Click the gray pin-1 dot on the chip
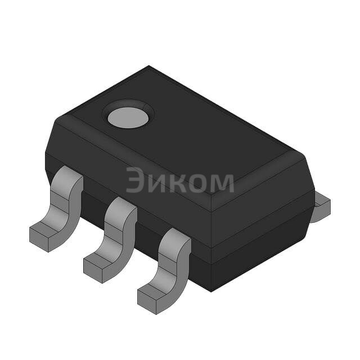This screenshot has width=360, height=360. click(128, 118)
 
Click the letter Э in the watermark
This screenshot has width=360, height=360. click(136, 180)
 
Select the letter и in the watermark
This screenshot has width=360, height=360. click(158, 183)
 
